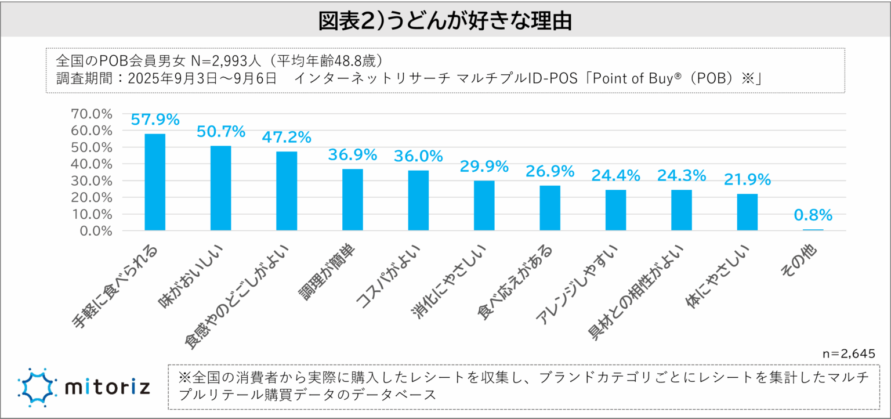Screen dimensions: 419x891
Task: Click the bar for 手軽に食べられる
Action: coord(155,182)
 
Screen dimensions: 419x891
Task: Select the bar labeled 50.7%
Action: coord(220,188)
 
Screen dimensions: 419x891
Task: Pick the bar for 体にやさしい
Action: coord(747,212)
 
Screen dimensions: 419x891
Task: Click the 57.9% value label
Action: coord(155,120)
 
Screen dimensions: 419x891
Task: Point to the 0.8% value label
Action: coord(813,215)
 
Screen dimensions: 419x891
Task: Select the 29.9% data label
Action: coord(484,167)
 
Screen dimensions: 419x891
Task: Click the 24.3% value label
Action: coord(681,175)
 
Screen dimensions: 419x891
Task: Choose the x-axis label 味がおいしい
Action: coord(195,276)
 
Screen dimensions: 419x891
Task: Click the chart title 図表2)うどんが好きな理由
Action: coord(445,21)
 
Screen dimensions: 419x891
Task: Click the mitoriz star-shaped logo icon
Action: coord(37,387)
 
